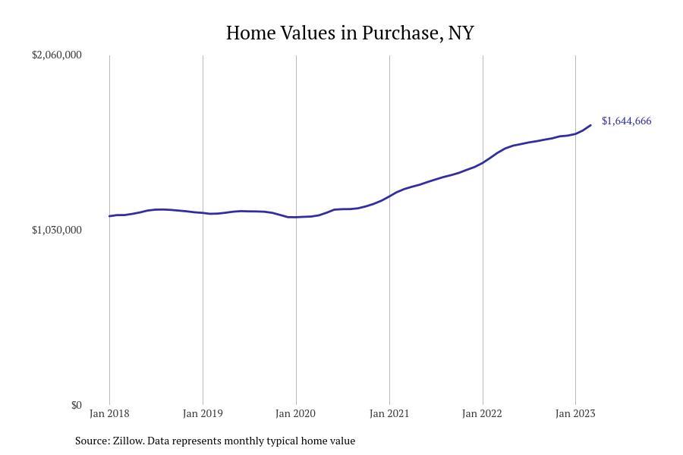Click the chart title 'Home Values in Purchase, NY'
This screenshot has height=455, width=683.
pos(350,33)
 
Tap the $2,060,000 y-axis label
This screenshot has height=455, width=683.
pos(56,55)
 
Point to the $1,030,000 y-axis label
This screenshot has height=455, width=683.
pos(56,230)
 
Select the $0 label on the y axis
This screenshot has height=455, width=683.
pos(76,405)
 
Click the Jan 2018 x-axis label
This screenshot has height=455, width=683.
pos(109,413)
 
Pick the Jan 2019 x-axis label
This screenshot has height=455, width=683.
pos(203,413)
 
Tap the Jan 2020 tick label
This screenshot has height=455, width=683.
pos(296,413)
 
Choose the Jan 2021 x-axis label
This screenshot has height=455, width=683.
pos(389,413)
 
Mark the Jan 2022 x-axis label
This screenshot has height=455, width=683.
pos(483,413)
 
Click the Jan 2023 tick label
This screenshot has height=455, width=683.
pos(575,413)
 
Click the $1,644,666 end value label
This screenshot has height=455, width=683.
pos(626,121)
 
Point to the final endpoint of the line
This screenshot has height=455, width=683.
pos(590,125)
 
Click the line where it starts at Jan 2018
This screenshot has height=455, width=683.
pos(110,216)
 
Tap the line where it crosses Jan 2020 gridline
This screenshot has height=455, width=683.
pos(296,218)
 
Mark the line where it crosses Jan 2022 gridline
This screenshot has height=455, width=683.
pos(483,162)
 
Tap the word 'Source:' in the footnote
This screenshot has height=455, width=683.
pos(92,441)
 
